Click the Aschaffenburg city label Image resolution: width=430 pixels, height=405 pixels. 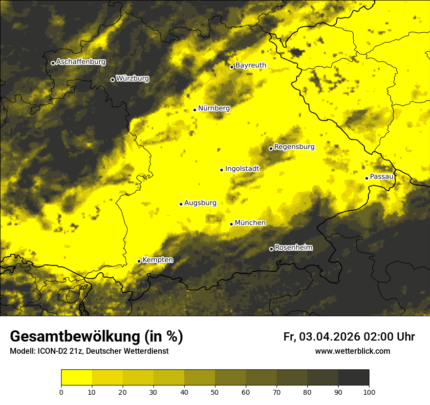[x=81, y=62]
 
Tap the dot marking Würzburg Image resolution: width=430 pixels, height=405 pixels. [x=112, y=80]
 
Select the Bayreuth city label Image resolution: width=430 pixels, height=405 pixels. [x=251, y=65]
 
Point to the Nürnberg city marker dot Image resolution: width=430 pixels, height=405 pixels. [x=194, y=110]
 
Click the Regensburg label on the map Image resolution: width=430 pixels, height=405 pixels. [x=294, y=147]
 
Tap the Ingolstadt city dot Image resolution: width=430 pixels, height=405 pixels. [x=221, y=170]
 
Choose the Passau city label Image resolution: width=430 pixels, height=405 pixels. [x=382, y=177]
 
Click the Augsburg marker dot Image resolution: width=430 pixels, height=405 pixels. [x=181, y=204]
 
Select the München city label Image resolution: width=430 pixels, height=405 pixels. [x=250, y=223]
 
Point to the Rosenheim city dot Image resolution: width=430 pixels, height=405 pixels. [x=271, y=249]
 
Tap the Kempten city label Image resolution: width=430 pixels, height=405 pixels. [x=157, y=260]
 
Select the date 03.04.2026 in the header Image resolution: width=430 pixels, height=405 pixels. [x=329, y=337]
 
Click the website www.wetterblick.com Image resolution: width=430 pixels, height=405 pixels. [x=352, y=351]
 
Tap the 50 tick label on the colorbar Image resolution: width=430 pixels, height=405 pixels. [x=215, y=391]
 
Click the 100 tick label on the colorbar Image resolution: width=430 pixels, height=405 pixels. [x=368, y=391]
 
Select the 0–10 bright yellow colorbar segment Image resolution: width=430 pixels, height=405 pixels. [x=77, y=377]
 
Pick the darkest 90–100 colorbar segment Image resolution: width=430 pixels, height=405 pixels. [x=353, y=377]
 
